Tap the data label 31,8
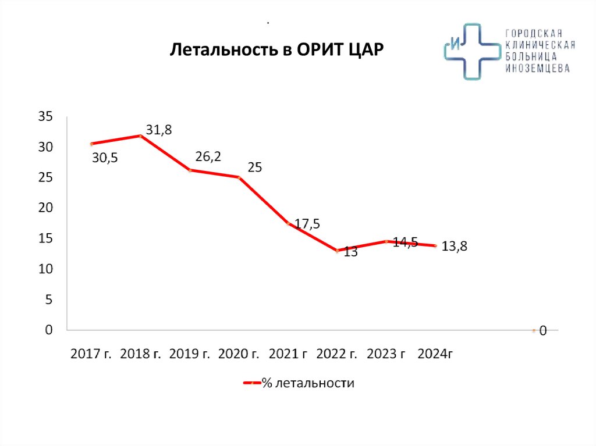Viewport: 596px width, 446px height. click(x=159, y=130)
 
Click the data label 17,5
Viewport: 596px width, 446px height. click(x=307, y=224)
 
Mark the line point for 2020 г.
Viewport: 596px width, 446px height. click(x=239, y=177)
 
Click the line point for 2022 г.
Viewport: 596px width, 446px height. click(x=338, y=251)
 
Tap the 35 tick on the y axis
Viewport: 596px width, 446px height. click(x=45, y=117)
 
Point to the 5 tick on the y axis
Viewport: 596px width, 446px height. click(x=48, y=299)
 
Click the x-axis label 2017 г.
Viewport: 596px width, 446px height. click(x=90, y=354)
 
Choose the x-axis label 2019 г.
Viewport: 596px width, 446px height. click(x=189, y=354)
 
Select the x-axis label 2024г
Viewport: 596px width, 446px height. click(x=435, y=354)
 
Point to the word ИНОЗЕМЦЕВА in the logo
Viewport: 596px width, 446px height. click(x=537, y=68)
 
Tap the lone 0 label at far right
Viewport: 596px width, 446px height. click(x=543, y=331)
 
